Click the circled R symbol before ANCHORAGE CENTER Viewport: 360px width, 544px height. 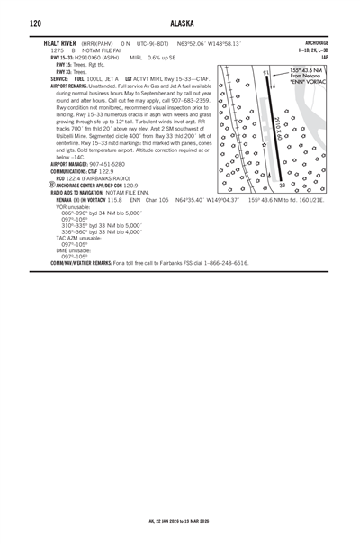51,185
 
